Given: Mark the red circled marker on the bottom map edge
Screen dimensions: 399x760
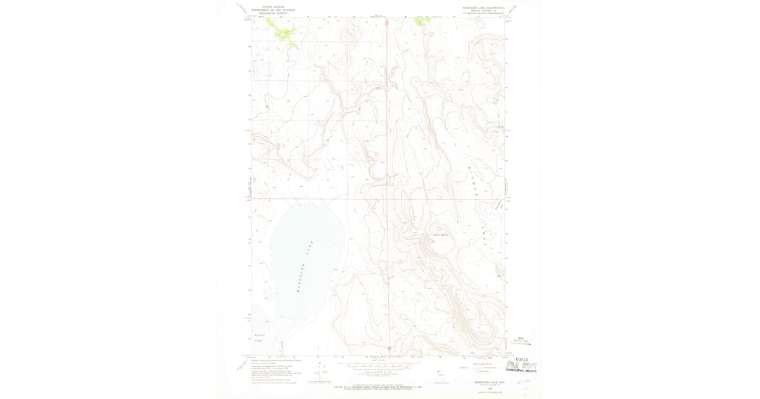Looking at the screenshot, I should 388,348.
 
